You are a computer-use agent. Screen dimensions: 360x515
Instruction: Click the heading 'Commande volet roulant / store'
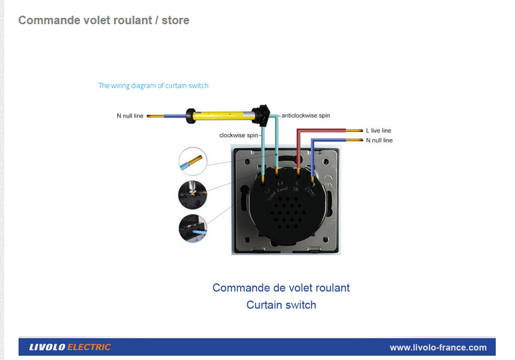click(x=103, y=20)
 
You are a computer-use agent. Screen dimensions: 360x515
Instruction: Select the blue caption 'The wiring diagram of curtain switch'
click(x=153, y=86)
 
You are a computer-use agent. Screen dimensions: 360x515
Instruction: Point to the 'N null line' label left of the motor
click(x=130, y=115)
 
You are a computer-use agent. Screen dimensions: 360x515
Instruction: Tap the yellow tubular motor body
click(x=224, y=114)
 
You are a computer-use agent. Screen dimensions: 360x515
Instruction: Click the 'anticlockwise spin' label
click(x=306, y=115)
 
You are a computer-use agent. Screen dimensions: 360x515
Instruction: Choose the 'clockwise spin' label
click(x=239, y=135)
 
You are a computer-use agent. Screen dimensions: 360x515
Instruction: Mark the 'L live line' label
click(x=378, y=130)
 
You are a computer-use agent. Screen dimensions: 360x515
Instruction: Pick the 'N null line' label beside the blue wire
click(x=379, y=140)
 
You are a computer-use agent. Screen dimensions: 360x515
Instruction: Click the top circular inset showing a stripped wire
click(x=193, y=161)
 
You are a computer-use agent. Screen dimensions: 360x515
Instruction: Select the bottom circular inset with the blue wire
click(x=193, y=228)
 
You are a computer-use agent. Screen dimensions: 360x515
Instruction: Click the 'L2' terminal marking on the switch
click(x=267, y=191)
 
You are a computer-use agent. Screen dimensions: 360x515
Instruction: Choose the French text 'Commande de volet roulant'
click(x=281, y=288)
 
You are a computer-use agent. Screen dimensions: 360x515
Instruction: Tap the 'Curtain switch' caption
click(x=281, y=305)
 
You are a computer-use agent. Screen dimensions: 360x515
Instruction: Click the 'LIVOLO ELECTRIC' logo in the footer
click(x=70, y=347)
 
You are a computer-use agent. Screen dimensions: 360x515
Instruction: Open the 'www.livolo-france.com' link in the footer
click(x=438, y=347)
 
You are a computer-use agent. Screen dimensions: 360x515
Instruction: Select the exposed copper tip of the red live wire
click(x=355, y=130)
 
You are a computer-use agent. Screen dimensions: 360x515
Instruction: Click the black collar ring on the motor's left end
click(x=191, y=115)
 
